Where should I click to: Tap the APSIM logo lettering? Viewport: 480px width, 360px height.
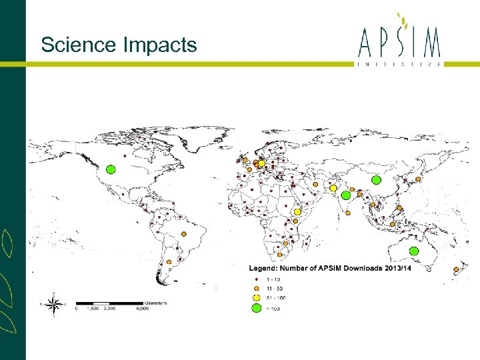[400, 44]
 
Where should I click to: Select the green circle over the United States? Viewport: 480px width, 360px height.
[111, 169]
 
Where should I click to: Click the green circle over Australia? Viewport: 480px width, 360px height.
[413, 251]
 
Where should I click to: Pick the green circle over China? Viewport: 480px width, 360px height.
[376, 180]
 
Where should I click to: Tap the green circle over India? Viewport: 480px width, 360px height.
[345, 195]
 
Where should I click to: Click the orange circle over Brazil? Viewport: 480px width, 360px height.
[184, 234]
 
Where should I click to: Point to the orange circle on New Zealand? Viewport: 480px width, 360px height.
[457, 270]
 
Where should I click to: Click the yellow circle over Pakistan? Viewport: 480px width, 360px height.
[333, 188]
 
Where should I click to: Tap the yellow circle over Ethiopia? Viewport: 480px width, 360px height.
[297, 212]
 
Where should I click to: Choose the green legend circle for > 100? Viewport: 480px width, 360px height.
[255, 308]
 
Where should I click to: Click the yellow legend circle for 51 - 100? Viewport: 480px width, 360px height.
[255, 297]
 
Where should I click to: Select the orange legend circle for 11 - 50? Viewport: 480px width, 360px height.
[255, 287]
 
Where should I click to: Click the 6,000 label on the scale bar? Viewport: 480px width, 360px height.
[143, 309]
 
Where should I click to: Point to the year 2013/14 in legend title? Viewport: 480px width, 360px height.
[397, 269]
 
